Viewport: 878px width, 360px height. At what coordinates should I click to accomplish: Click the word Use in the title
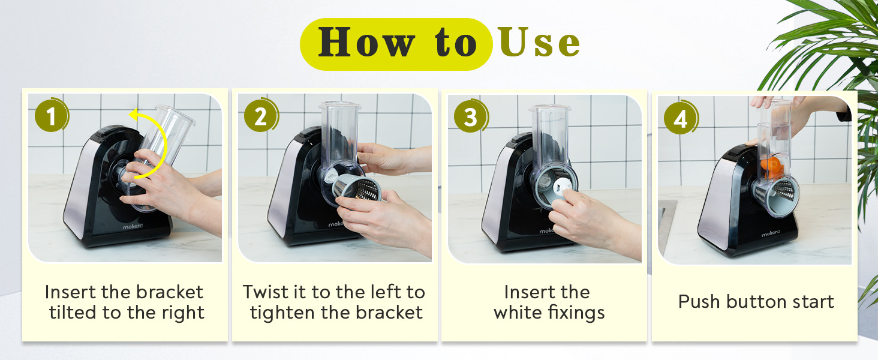tap(539, 44)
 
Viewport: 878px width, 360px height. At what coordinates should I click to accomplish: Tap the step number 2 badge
tap(260, 117)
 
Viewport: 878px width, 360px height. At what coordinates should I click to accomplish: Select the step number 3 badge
tap(470, 117)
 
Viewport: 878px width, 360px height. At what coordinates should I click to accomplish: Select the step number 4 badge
tap(679, 119)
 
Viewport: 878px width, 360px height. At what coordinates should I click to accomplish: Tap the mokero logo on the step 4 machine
tap(774, 235)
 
